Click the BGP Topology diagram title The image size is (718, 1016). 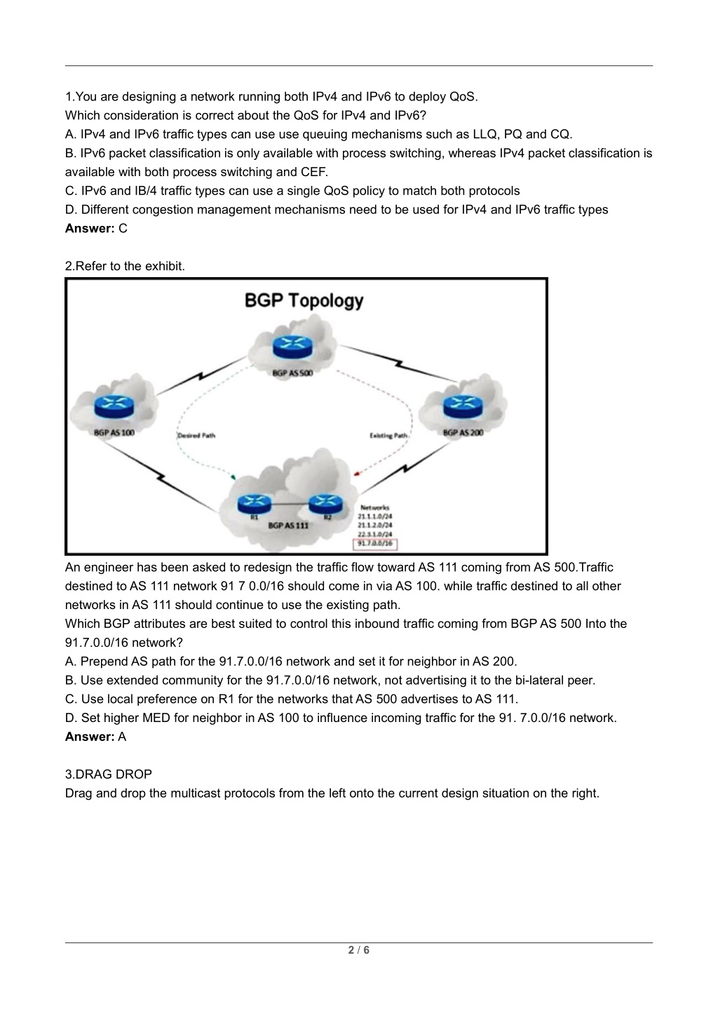point(304,300)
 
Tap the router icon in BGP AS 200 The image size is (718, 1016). point(463,404)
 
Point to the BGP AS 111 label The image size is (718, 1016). point(288,525)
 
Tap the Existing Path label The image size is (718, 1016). point(388,436)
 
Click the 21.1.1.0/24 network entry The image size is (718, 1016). point(375,516)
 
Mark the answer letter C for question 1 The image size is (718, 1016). point(123,228)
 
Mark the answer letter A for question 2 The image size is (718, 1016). point(122,737)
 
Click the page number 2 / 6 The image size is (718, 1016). point(359,951)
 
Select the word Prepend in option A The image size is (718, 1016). point(104,661)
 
